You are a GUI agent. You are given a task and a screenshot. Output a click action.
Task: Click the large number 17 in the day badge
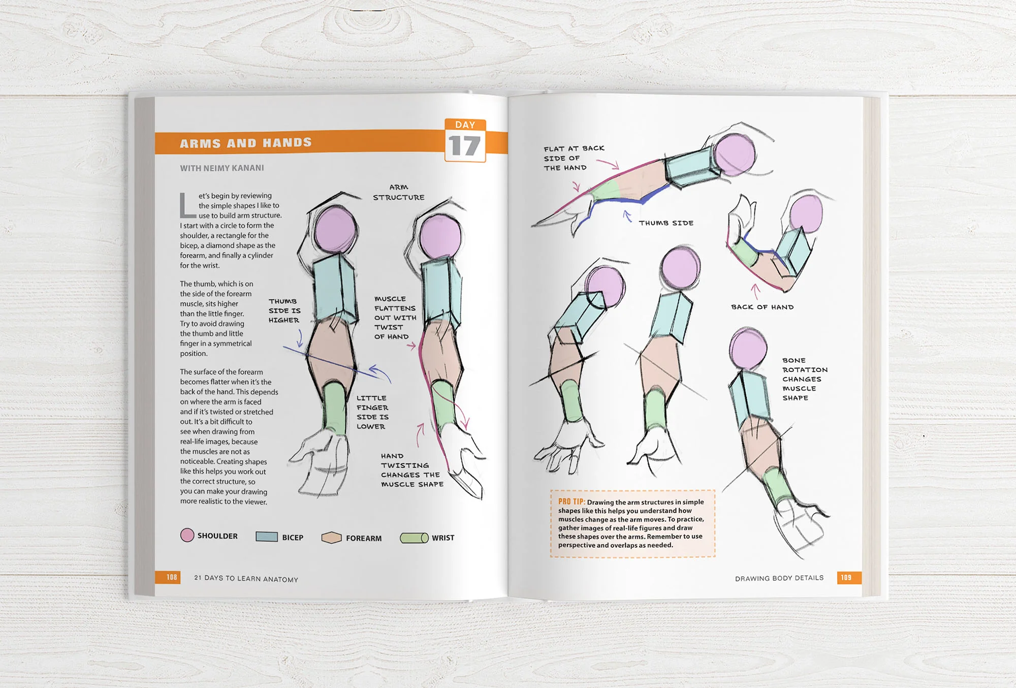pos(464,146)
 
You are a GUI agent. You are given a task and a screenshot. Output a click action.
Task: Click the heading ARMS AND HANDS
pos(246,143)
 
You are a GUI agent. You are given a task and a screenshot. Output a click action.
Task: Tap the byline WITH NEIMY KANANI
pos(222,168)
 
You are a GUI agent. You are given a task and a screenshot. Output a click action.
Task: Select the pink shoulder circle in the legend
pos(187,535)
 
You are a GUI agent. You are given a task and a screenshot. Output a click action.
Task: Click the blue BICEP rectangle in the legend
pos(267,537)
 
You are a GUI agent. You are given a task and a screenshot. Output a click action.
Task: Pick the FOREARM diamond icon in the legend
pos(331,538)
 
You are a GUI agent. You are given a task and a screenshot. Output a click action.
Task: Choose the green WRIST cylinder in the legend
pos(414,538)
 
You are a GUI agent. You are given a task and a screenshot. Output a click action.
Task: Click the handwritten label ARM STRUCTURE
pos(399,193)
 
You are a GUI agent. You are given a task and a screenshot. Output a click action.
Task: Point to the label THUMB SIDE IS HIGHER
pos(284,310)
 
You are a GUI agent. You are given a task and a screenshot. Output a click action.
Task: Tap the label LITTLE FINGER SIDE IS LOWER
pos(372,412)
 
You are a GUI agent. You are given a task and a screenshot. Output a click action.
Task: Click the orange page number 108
pos(172,577)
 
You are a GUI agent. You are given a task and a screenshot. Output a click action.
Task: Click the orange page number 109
pos(846,577)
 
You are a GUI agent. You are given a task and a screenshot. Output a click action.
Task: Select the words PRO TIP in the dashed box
pos(571,502)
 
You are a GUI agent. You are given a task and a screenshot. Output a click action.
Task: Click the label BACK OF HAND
pos(762,307)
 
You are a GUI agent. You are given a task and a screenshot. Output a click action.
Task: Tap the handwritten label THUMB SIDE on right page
pos(666,223)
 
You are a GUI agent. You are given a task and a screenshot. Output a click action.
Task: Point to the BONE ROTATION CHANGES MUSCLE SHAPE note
pos(804,379)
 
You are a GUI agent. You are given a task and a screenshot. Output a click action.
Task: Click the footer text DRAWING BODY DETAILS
pos(779,578)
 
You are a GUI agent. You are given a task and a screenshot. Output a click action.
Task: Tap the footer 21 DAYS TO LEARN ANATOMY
pos(246,578)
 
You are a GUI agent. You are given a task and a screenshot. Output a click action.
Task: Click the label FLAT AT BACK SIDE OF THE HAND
pos(573,158)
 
